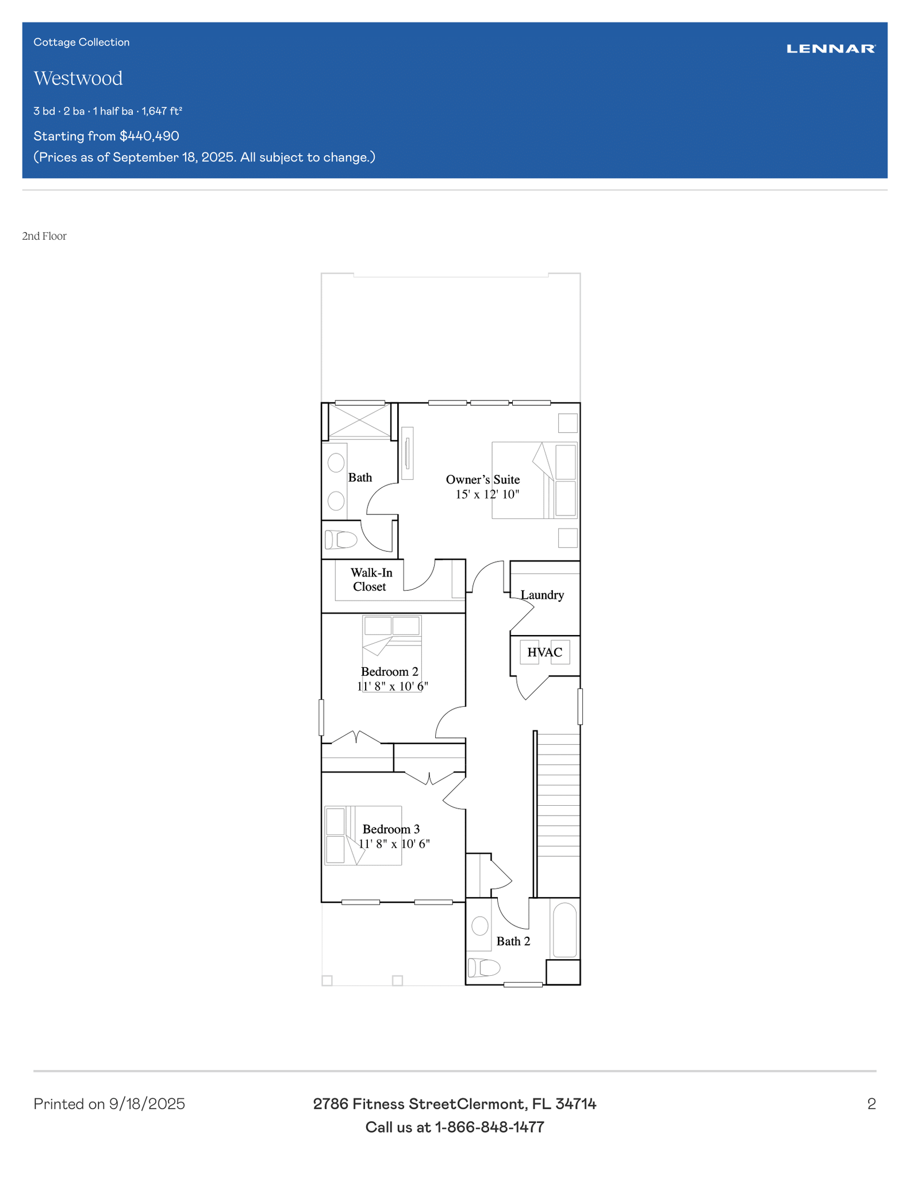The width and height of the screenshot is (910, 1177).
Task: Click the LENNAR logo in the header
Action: [x=831, y=49]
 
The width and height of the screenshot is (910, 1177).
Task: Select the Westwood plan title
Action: [x=78, y=78]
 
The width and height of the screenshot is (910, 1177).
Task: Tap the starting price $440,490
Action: [x=149, y=136]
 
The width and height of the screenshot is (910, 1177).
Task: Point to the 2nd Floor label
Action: [x=44, y=236]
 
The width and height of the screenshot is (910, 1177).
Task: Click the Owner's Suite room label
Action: [x=483, y=479]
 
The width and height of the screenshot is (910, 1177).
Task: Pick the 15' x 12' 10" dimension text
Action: [x=487, y=494]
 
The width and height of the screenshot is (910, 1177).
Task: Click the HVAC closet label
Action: [x=545, y=652]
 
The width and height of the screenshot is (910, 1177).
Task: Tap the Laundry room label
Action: [x=542, y=595]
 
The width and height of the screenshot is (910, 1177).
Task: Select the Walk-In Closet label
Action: [x=371, y=579]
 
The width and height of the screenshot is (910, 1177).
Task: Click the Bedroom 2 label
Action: [x=390, y=671]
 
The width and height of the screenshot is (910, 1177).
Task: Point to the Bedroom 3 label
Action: [x=391, y=829]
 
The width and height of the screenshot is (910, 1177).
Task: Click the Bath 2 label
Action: [x=513, y=941]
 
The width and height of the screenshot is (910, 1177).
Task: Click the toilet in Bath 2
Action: [x=483, y=968]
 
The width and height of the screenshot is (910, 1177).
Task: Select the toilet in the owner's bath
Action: [x=341, y=540]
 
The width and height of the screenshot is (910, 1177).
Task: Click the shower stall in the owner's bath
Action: [x=359, y=421]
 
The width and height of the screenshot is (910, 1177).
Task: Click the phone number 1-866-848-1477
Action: [x=489, y=1127]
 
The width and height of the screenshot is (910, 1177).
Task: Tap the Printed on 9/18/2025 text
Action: [x=109, y=1104]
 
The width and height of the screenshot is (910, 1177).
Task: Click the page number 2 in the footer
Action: [x=871, y=1104]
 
